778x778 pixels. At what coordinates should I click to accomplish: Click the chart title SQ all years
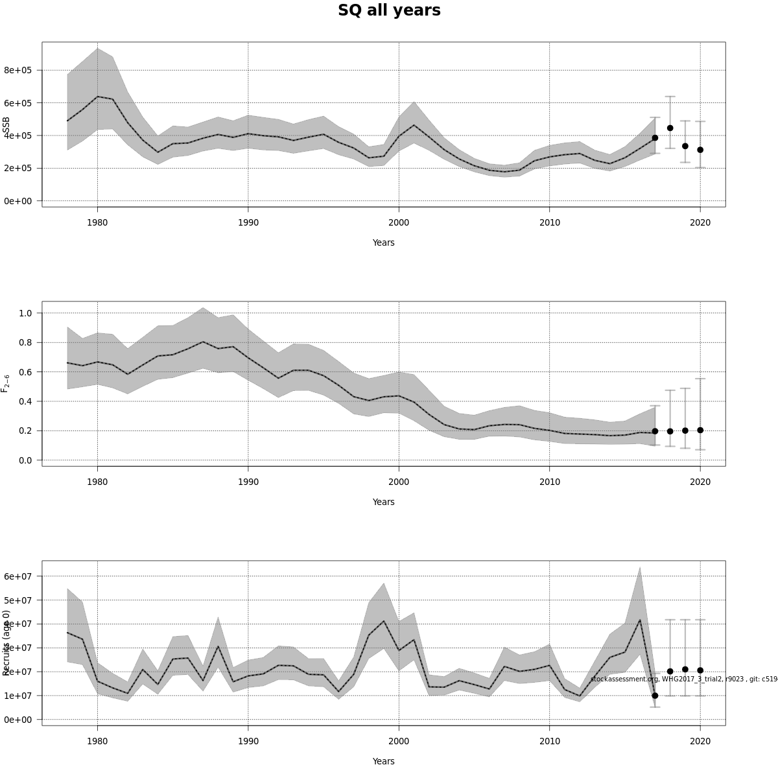tap(389, 10)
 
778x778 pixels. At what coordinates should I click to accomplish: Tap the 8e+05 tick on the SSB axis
tap(18, 70)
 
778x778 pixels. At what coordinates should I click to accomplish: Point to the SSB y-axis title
tap(6, 126)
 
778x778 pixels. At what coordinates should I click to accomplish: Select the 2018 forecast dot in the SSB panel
tap(670, 128)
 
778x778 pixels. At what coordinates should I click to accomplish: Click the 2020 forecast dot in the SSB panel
tap(700, 150)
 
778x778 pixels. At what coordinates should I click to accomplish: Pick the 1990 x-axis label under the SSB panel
tap(248, 222)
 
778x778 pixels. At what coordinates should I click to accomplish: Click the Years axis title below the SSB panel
tap(383, 242)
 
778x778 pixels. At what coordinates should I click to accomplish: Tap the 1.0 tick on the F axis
tap(26, 313)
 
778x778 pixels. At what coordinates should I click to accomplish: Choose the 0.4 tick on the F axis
tap(26, 401)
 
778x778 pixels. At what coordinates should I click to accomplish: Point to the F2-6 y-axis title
tap(6, 383)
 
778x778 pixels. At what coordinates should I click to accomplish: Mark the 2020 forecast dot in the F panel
tap(700, 430)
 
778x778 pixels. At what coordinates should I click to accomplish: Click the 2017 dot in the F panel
tap(655, 431)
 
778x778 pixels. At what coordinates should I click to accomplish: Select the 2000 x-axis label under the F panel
tap(398, 482)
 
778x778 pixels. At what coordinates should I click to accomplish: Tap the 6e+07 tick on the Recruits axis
tap(18, 576)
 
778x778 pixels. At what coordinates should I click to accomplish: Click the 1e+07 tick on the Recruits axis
tap(18, 696)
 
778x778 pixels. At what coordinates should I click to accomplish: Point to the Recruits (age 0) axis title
tap(6, 642)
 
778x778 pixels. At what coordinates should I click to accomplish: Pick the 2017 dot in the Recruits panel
tap(655, 696)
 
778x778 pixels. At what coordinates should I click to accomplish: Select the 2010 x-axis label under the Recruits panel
tap(549, 741)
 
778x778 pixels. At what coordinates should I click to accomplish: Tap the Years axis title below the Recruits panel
tap(383, 761)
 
